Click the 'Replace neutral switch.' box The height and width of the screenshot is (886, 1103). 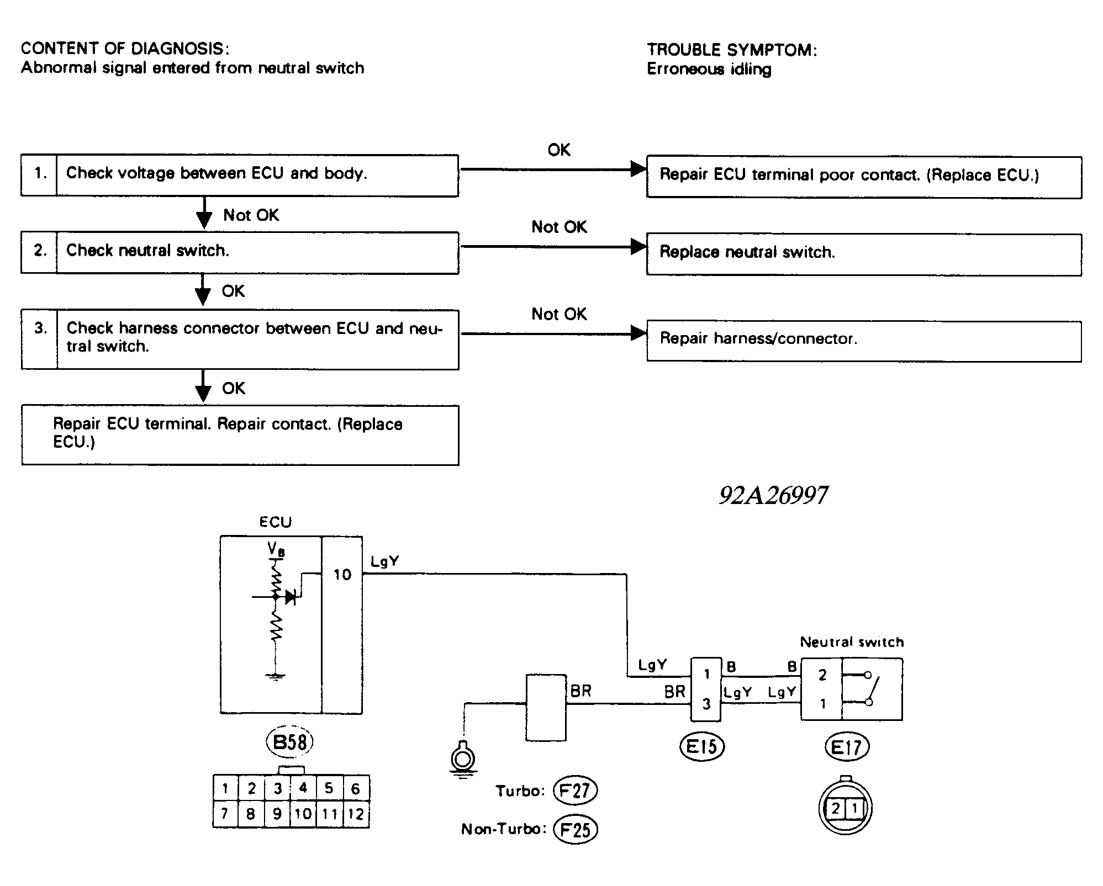click(863, 254)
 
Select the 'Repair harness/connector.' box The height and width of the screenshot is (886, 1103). click(863, 341)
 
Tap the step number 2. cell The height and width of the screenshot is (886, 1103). click(40, 252)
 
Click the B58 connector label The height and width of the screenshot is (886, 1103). click(290, 742)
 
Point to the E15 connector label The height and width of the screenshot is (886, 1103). click(701, 747)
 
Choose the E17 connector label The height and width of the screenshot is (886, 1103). click(847, 747)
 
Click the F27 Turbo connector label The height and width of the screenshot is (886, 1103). click(575, 791)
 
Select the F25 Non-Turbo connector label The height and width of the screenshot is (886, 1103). click(576, 829)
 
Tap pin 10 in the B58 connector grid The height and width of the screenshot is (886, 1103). click(303, 814)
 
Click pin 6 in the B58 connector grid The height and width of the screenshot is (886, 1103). click(356, 788)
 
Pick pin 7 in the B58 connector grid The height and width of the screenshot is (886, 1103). click(225, 814)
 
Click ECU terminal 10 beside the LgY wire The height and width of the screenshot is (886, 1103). click(342, 575)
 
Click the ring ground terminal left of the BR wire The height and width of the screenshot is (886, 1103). click(464, 758)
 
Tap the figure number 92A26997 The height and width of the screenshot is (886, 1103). click(773, 495)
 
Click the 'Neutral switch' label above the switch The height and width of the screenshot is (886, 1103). click(852, 642)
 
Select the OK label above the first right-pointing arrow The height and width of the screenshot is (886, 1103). click(558, 150)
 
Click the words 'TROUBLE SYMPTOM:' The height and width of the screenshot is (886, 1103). click(732, 50)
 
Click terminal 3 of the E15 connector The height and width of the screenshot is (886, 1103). click(706, 704)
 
